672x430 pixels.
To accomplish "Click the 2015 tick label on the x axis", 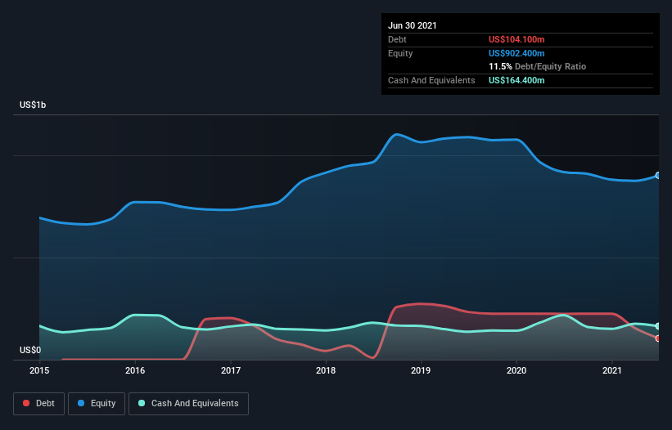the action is (39, 370).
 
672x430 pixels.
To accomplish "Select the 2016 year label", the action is (135, 370).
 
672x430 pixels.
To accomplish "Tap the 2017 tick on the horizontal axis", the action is (231, 370).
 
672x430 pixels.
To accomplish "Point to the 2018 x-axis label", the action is (326, 370).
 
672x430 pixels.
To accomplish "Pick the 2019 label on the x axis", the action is (421, 370).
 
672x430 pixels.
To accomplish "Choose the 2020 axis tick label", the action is (516, 370).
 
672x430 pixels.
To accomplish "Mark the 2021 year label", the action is (612, 370).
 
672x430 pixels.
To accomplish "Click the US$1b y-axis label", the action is (33, 105).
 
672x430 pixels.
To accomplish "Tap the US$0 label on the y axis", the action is (30, 350).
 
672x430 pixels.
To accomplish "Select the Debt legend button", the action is (39, 404).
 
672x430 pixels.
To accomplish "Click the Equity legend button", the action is (97, 404).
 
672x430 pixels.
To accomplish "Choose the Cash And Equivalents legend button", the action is (188, 404).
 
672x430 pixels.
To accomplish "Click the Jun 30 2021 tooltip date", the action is (413, 25).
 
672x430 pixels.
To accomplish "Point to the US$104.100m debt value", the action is (516, 39).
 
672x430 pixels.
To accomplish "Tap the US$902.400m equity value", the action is (516, 53).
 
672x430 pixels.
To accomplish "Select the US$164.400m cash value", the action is (516, 80).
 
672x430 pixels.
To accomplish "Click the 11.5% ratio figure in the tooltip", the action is (500, 66).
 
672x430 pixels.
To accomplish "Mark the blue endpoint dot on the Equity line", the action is (658, 176).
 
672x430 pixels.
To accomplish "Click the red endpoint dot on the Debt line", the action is (658, 338).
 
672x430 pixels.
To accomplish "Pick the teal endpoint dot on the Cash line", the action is (658, 326).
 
